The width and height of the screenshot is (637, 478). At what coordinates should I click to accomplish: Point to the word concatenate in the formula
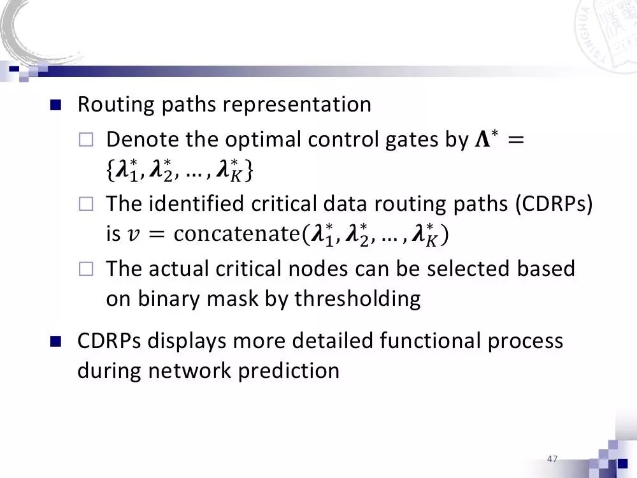pos(235,235)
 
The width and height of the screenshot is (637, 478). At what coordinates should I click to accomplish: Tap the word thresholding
pos(357,299)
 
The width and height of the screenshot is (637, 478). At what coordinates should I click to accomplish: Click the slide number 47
pos(552,459)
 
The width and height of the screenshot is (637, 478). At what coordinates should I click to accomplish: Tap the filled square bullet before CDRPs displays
pos(55,342)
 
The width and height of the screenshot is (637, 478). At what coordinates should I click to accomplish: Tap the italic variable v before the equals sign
pos(132,236)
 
